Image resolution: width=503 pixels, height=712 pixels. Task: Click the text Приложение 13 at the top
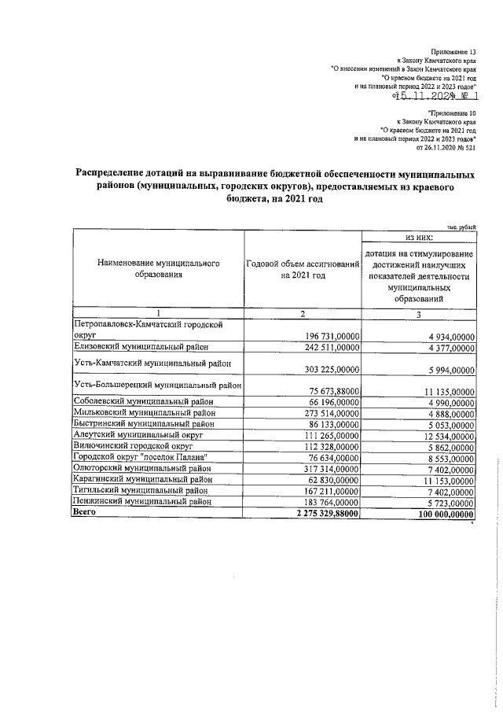click(464, 51)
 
